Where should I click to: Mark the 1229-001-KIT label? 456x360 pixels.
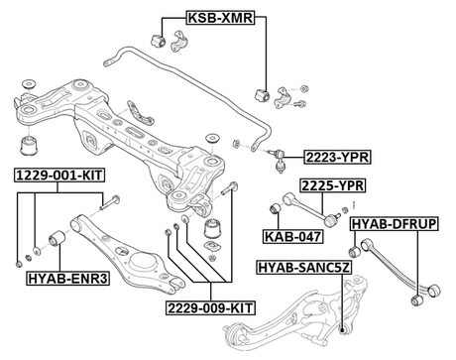click(x=58, y=175)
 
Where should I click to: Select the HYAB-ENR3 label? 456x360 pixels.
click(x=65, y=280)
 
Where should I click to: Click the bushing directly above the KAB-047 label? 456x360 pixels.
click(x=278, y=208)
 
